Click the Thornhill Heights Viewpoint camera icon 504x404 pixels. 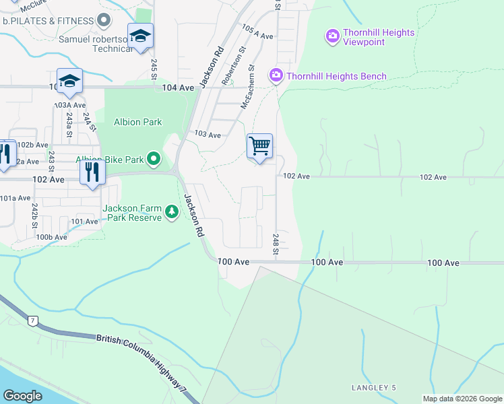(x=332, y=36)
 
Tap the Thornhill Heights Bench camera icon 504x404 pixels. (x=276, y=75)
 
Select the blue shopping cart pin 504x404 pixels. (x=259, y=146)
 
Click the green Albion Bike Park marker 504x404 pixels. (x=154, y=159)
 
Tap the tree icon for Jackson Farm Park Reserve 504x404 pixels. (x=172, y=213)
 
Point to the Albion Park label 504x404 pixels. (x=137, y=122)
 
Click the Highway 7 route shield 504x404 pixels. (x=32, y=321)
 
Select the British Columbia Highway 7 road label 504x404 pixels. (x=141, y=362)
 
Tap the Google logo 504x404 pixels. (x=24, y=395)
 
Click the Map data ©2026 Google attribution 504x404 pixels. (x=462, y=399)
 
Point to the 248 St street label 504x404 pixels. (x=276, y=244)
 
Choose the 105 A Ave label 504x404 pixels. (x=257, y=32)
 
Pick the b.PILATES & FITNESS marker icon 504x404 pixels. (x=102, y=20)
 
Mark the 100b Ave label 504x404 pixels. (x=52, y=237)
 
